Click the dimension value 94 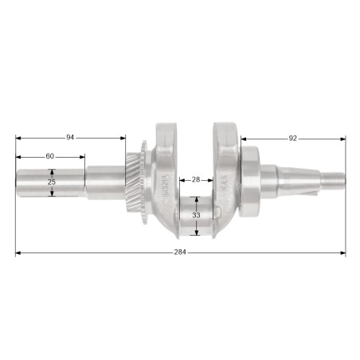[70, 138]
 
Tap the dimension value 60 [50, 156]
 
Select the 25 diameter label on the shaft [52, 182]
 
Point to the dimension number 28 [196, 180]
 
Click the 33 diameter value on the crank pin [196, 215]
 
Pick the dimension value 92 [292, 139]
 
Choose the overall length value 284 [180, 252]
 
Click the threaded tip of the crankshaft [333, 181]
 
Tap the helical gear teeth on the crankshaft [133, 182]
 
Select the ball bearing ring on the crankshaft [249, 182]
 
